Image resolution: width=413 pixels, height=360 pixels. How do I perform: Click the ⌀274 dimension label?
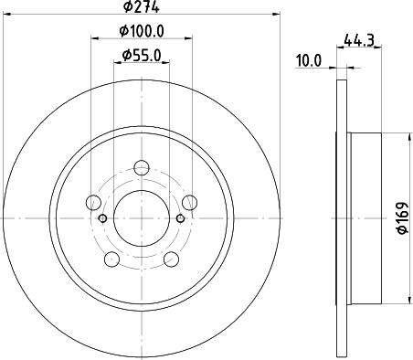tap(142, 6)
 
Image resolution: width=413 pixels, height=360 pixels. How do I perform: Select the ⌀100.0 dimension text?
tap(142, 31)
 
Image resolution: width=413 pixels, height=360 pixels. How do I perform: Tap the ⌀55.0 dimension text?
tap(142, 55)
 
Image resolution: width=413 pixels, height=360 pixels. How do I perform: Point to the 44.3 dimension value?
tap(359, 40)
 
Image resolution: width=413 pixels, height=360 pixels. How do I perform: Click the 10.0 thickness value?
tap(309, 60)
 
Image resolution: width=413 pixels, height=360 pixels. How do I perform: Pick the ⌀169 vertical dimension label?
tap(403, 217)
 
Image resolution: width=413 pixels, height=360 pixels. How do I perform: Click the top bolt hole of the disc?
tap(142, 168)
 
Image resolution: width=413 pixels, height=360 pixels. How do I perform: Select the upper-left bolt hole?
tap(93, 203)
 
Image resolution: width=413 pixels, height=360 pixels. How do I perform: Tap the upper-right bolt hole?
tap(190, 203)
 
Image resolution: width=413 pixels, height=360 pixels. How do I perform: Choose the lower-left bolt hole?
tap(111, 259)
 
